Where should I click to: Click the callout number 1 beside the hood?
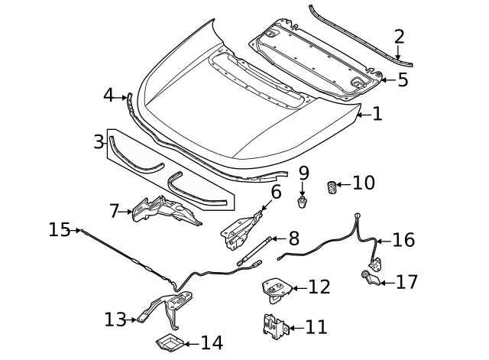(377, 115)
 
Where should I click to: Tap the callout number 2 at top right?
(399, 36)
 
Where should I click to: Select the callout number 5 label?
(402, 79)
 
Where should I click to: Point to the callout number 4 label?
(108, 96)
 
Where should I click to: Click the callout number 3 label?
(99, 141)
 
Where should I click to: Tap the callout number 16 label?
(403, 240)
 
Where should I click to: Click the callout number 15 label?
(60, 229)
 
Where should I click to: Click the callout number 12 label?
(319, 287)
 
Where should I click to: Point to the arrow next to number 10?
(344, 183)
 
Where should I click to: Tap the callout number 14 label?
(212, 342)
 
